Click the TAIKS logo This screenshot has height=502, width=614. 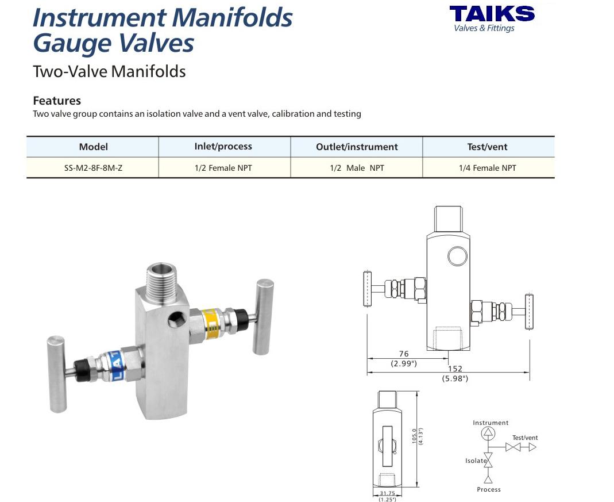coord(492,18)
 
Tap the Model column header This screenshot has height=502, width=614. coord(93,147)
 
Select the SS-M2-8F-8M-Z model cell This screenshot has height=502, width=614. coord(93,168)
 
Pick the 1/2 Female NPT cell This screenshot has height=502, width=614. coord(223,168)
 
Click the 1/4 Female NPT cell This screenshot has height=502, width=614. coord(488,168)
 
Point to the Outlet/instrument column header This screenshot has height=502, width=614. coord(357,147)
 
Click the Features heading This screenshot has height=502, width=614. coord(57,101)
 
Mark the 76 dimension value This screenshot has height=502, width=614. coord(404,354)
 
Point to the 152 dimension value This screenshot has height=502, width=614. coord(455,369)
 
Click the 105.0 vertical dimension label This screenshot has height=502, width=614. coord(414,436)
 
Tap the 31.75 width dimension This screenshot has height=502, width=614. coord(387,493)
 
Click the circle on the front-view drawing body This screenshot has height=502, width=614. coord(457,256)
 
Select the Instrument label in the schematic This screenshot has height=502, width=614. coord(491,423)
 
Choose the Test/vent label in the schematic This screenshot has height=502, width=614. coord(525,438)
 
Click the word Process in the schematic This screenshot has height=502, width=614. coord(489,489)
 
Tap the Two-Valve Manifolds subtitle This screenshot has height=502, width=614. coord(109,72)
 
